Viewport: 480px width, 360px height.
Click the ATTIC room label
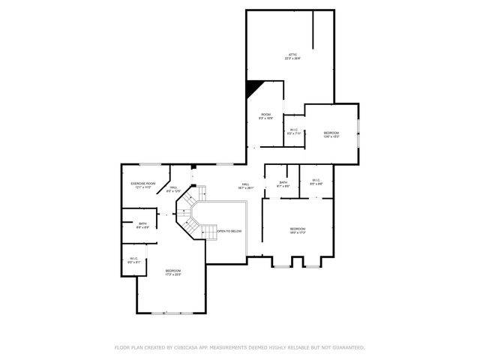point(293,55)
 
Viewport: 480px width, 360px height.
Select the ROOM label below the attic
point(265,115)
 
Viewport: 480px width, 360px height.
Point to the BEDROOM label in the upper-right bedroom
point(331,134)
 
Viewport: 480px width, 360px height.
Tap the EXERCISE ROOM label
point(142,184)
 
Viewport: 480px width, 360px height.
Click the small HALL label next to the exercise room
point(172,189)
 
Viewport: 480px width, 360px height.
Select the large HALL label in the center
point(245,186)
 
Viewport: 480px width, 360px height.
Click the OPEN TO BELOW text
point(229,231)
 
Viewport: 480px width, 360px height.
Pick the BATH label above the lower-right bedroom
point(283,184)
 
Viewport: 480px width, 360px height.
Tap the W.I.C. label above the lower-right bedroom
point(316,181)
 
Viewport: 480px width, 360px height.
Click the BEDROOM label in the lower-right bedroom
point(297,230)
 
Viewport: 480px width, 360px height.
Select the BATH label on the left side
point(142,224)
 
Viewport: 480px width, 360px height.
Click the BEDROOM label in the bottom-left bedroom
point(173,271)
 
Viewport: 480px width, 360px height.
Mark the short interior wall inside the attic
point(313,29)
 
